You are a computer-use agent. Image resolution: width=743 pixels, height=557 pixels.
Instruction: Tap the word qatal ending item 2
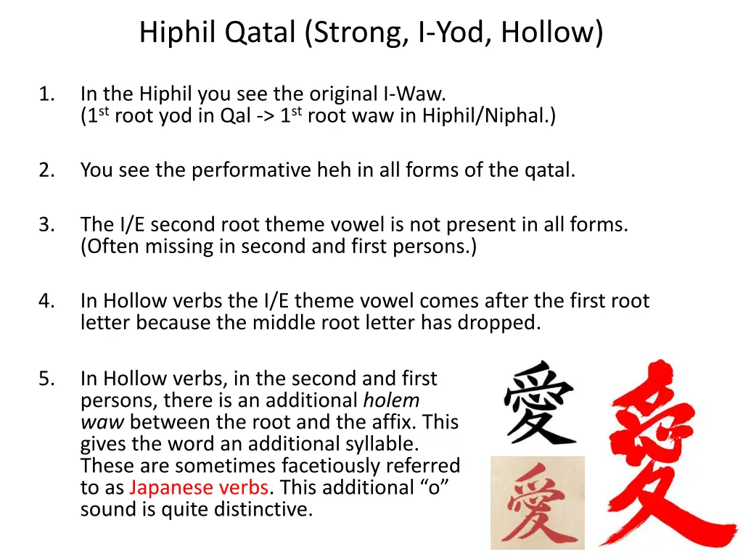[549, 170]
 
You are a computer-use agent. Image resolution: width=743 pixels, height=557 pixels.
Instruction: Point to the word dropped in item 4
[502, 323]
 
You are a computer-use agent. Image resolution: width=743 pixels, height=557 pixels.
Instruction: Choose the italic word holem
[391, 400]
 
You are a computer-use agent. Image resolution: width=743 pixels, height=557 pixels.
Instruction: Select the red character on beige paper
[537, 503]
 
